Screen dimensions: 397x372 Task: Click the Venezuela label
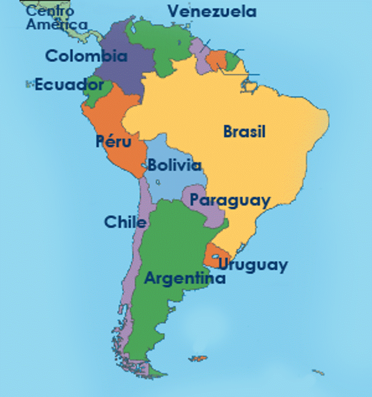point(212,11)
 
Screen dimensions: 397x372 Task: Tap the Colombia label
point(86,56)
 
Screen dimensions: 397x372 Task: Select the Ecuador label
point(69,85)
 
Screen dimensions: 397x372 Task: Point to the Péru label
point(113,143)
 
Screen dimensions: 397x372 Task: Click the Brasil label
point(244,131)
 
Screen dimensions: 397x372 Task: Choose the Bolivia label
point(174,165)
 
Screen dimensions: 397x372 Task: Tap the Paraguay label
point(229,200)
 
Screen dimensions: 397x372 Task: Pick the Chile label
point(125,222)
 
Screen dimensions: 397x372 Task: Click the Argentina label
point(185,279)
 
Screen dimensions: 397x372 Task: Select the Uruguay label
point(252,265)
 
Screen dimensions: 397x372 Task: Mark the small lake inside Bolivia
point(158,183)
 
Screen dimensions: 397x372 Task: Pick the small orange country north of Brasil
point(216,60)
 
